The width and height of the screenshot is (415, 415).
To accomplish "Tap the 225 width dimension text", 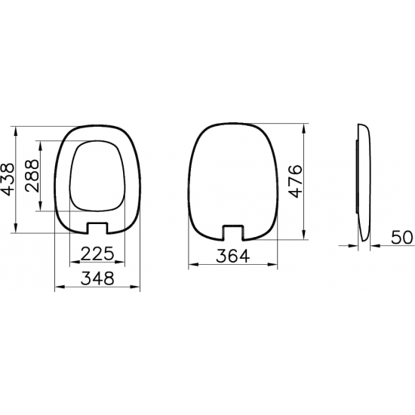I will [97, 252].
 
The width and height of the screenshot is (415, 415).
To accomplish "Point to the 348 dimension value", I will [97, 278].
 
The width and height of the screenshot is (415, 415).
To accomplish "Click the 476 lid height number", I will [297, 182].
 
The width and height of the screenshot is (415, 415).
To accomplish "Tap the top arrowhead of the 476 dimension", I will [303, 126].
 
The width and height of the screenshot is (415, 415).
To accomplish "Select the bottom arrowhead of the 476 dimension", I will [303, 237].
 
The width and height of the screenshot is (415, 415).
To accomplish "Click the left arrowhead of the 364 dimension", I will [189, 264].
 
